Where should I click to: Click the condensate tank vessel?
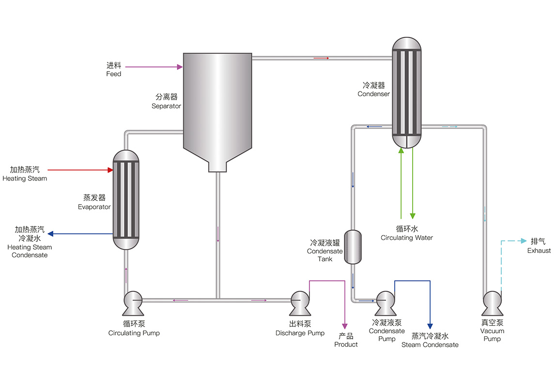pyautogui.click(x=353, y=247)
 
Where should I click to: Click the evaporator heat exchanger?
pyautogui.click(x=126, y=199)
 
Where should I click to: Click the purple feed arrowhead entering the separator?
pyautogui.click(x=180, y=67)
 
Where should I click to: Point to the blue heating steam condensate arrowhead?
pyautogui.click(x=50, y=234)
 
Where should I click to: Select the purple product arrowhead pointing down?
pyautogui.click(x=345, y=327)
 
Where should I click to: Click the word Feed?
pyautogui.click(x=114, y=74)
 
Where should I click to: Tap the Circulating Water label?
pyautogui.click(x=407, y=238)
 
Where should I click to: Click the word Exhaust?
pyautogui.click(x=539, y=251)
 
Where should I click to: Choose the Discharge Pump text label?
pyautogui.click(x=300, y=333)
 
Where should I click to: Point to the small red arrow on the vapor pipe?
pyautogui.click(x=321, y=58)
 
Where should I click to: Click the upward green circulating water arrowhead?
pyautogui.click(x=401, y=150)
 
